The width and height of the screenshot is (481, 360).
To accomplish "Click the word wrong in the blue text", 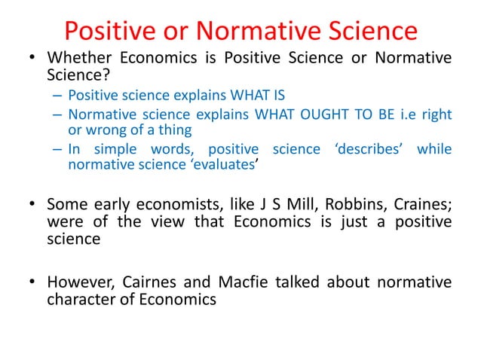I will tap(103, 130).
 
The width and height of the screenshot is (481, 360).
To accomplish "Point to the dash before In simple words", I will tap(58, 148).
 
